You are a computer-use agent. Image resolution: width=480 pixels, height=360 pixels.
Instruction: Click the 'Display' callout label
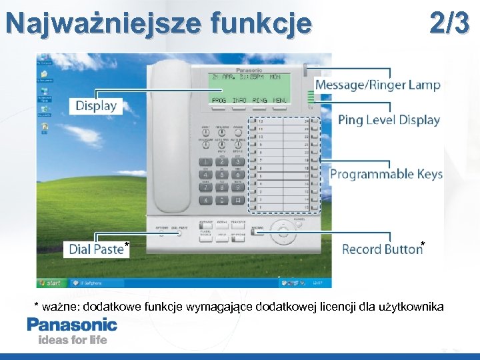point(96,105)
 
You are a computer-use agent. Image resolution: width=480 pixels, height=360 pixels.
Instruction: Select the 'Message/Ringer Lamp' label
point(377,85)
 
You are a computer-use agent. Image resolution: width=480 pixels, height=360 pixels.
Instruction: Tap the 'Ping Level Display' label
point(389,120)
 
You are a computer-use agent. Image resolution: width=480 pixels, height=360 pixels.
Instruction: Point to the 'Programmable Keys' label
point(386,174)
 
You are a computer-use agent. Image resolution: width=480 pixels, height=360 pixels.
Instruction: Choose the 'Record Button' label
point(381,249)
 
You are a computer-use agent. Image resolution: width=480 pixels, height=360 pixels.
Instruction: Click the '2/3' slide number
point(449,23)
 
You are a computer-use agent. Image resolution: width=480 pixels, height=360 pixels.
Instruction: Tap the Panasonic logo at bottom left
point(72,325)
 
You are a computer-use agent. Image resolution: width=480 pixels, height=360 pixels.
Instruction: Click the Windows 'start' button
point(50,283)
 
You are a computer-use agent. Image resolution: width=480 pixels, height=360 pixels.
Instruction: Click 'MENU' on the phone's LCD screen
point(280,100)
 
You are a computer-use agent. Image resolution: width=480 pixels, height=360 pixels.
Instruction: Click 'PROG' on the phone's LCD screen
point(219,100)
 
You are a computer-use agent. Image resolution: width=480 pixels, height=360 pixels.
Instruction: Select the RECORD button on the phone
point(257,231)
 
